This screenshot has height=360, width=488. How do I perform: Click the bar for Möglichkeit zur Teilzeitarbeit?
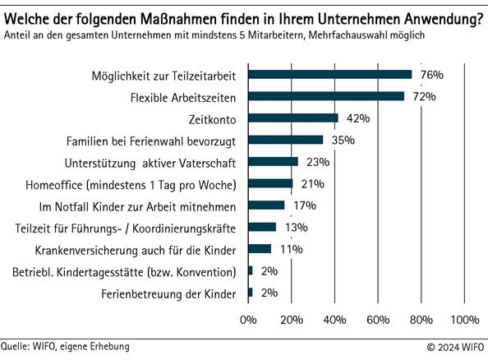(x=329, y=75)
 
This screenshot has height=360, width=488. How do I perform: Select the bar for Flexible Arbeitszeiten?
(x=325, y=96)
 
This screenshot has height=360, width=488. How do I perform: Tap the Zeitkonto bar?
(x=292, y=118)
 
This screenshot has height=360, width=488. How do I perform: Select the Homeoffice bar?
(x=269, y=183)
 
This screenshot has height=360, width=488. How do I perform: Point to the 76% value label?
(x=431, y=75)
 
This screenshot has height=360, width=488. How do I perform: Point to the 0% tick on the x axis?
(x=247, y=319)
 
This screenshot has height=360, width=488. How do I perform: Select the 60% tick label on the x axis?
(x=378, y=319)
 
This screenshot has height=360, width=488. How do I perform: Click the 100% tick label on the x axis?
(x=465, y=319)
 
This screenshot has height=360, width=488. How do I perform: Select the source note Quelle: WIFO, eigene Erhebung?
(x=65, y=347)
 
